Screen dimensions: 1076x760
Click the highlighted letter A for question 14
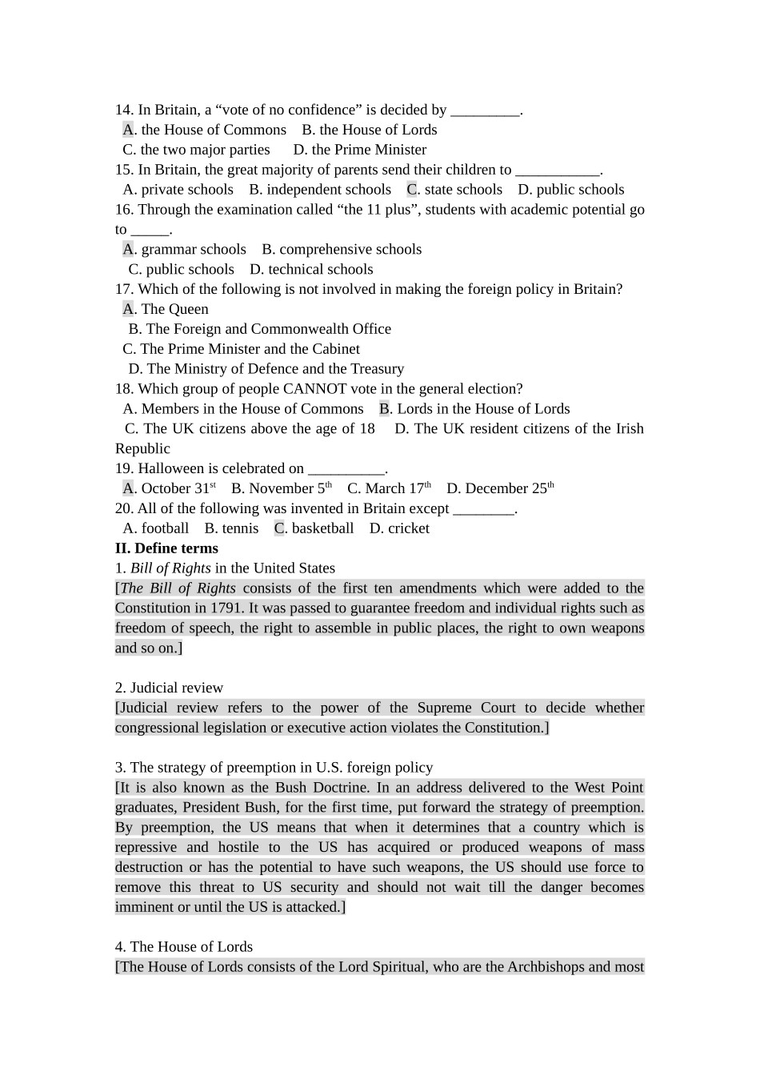[128, 130]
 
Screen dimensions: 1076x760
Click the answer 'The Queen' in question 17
[174, 309]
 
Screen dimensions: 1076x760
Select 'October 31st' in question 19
[178, 488]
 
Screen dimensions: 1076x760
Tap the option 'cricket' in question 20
[407, 528]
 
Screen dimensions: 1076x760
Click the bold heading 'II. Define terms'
[166, 548]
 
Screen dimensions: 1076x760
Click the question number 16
[124, 210]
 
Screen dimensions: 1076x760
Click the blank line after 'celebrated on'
[346, 469]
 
